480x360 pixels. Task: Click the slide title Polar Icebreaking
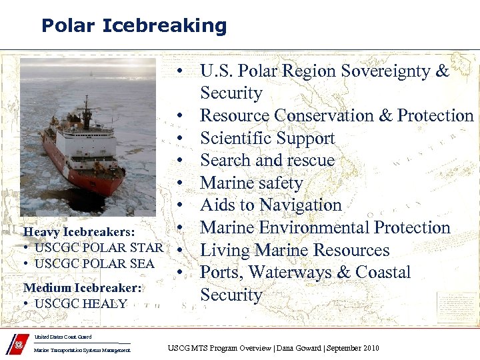(x=134, y=26)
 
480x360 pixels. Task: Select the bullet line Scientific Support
(x=267, y=138)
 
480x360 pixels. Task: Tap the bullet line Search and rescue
(x=267, y=161)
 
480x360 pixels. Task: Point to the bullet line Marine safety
(x=251, y=183)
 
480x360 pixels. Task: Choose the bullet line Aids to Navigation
(x=271, y=205)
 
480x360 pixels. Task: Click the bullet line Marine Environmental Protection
(x=325, y=227)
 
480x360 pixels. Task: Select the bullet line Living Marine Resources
(x=295, y=250)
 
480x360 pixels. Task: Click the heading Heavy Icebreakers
(x=79, y=232)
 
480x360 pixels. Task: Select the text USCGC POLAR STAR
(x=99, y=248)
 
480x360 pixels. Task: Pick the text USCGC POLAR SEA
(x=94, y=263)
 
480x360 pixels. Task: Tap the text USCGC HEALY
(x=81, y=303)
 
